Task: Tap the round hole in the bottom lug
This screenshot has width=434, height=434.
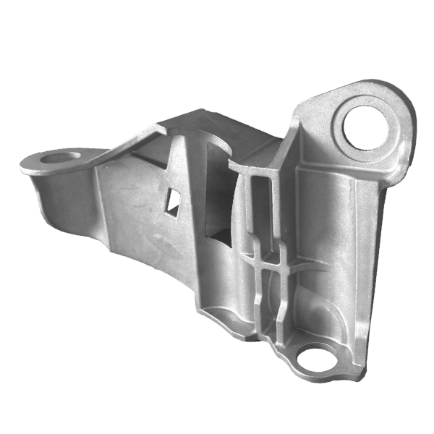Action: [x=315, y=358]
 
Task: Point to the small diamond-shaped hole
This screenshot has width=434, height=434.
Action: [x=173, y=202]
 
